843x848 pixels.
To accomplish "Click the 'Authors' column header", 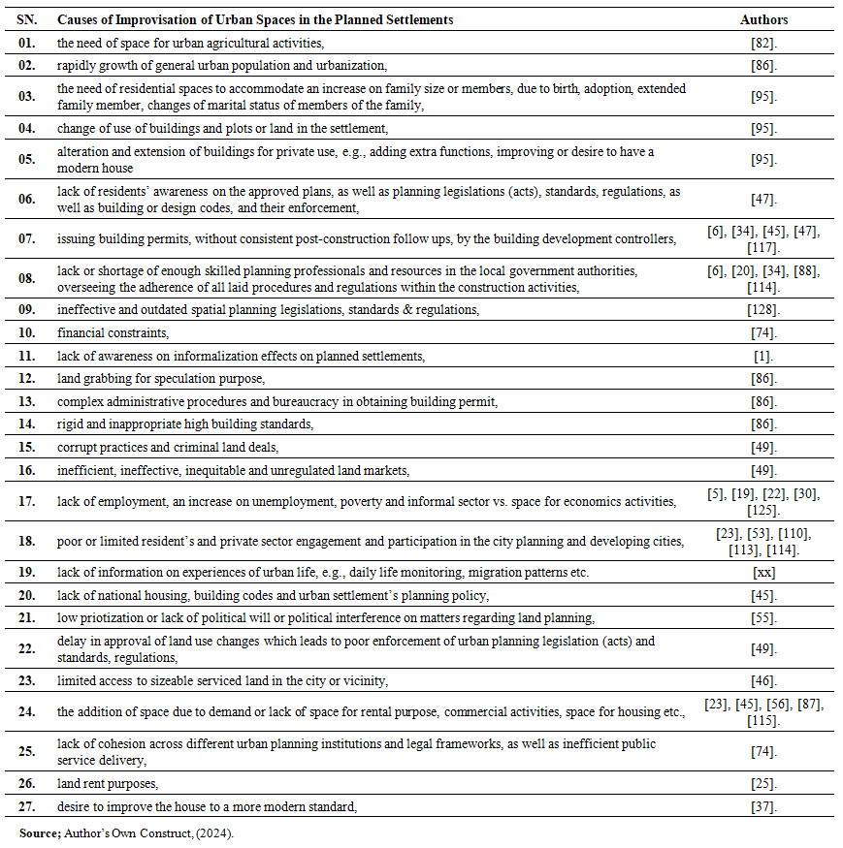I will pos(763,19).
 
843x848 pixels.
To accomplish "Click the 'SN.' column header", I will pos(30,19).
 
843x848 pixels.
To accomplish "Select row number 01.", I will pos(30,43).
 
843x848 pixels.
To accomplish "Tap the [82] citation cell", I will pos(763,43).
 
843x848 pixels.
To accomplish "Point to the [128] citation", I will pos(764,310).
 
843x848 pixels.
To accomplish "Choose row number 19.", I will pos(30,572).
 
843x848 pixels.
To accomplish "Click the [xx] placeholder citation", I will pos(763,572).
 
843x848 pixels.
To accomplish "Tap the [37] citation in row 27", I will pos(763,805).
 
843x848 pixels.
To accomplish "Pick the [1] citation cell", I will pos(763,356).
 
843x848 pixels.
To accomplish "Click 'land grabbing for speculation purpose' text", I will pos(160,378).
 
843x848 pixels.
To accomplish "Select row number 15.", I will pos(30,448).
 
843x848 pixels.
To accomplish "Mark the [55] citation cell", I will pos(763,617).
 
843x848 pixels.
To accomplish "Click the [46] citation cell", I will pos(763,680).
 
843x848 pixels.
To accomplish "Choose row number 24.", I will pos(30,712).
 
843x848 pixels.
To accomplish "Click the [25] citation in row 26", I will pos(763,782).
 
